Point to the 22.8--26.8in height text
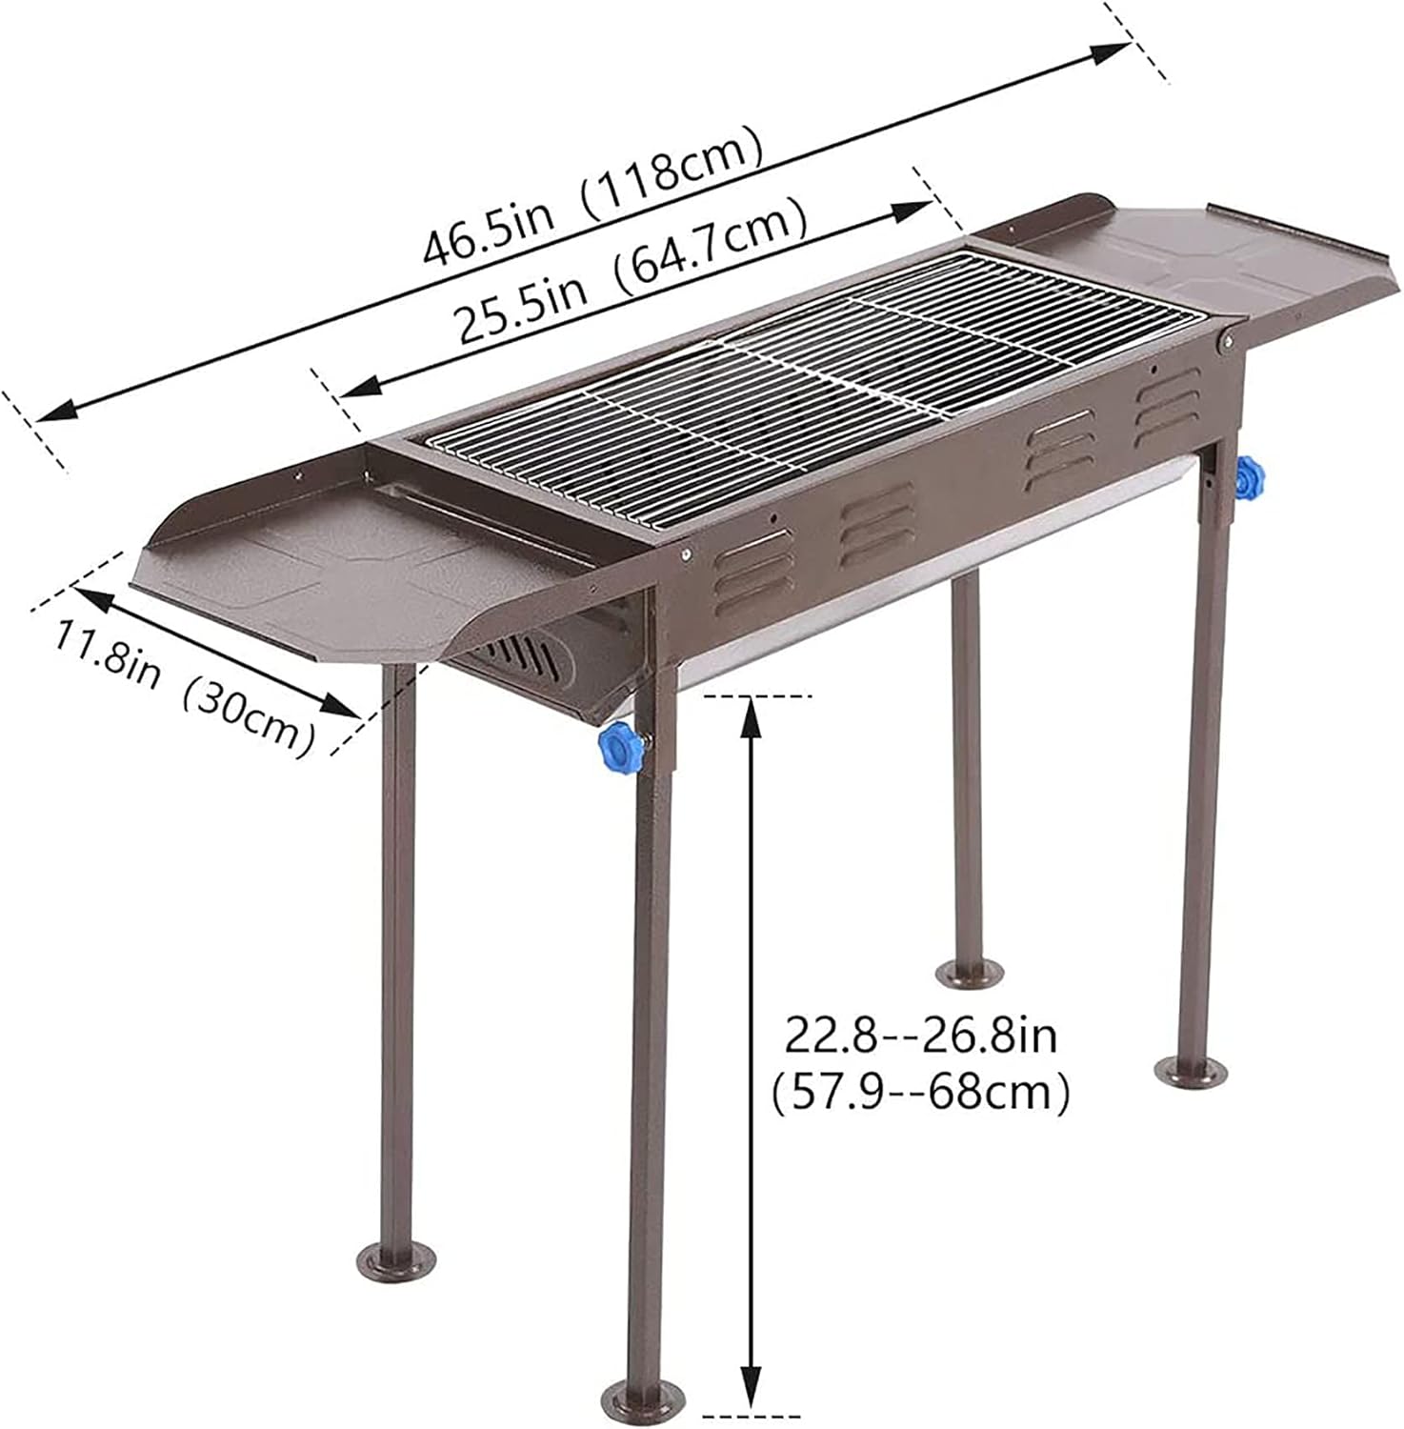pos(920,1037)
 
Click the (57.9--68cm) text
pos(920,1093)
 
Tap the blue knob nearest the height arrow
pos(622,749)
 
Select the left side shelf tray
pos(314,581)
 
